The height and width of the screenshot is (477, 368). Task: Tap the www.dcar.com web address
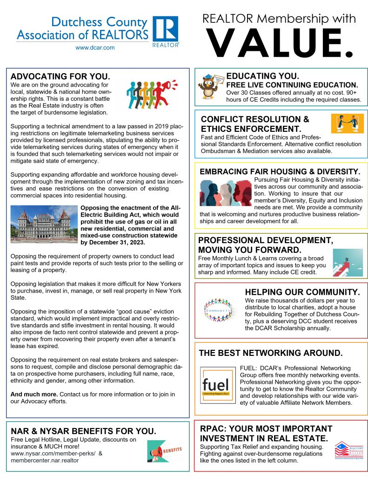tap(95, 48)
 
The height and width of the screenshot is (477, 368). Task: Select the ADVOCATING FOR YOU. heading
tap(60, 76)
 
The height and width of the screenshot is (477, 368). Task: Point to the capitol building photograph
tap(44, 225)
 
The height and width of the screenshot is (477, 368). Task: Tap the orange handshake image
tap(347, 123)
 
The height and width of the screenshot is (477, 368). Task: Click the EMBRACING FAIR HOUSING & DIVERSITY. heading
tap(280, 171)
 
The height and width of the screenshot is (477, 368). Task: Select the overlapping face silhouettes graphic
tap(225, 193)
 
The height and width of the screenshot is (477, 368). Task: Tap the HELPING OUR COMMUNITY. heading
tap(302, 292)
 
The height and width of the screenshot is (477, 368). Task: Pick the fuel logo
tap(215, 384)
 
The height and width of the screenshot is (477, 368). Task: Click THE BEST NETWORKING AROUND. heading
tap(271, 353)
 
